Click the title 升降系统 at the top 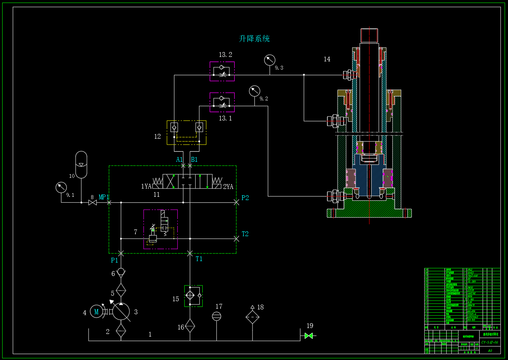click(254, 39)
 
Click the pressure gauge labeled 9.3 click(270, 60)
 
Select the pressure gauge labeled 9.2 click(254, 91)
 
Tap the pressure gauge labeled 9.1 click(61, 187)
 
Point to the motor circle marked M click(96, 312)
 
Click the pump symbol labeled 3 click(121, 312)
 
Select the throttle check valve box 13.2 click(222, 71)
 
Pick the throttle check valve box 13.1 click(222, 102)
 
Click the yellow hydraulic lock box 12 click(186, 132)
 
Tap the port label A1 click(179, 160)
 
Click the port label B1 click(194, 160)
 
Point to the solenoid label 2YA click(228, 187)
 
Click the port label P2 click(245, 198)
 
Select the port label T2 click(245, 234)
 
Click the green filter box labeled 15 click(193, 296)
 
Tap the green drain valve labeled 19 click(308, 336)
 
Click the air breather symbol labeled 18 click(253, 317)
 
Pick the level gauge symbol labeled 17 click(216, 316)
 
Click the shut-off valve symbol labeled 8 click(93, 202)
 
